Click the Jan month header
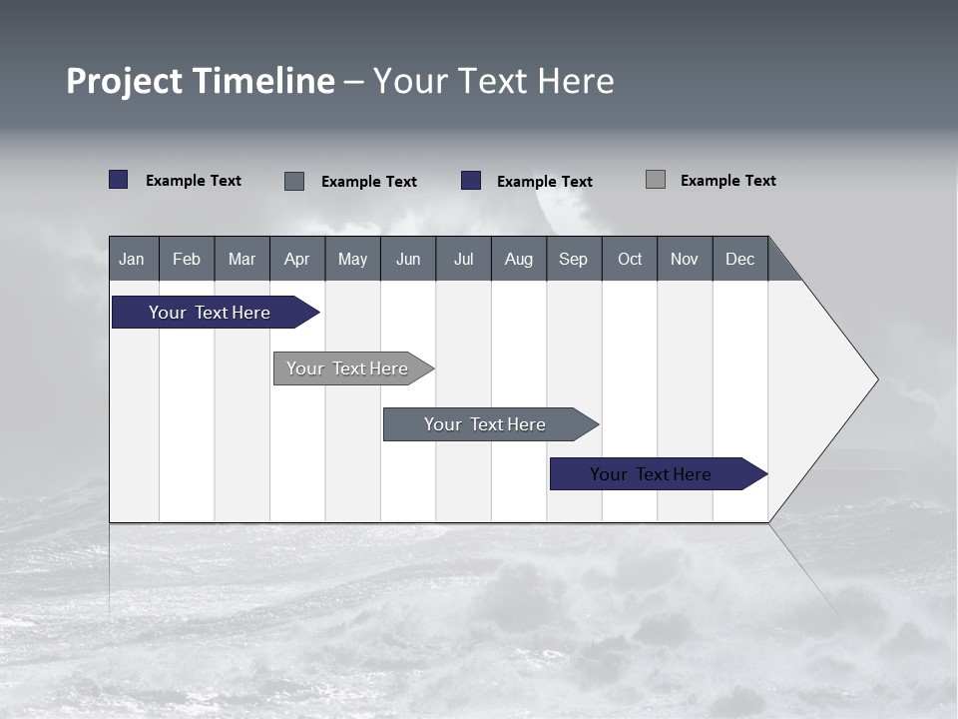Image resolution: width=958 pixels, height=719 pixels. coord(133,259)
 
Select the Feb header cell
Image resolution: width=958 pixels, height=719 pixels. coord(187,259)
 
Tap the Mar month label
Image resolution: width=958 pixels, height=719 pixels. coord(241,259)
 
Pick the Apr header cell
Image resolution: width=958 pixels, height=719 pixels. coord(297,259)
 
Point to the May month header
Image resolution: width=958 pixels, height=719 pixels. coord(352,259)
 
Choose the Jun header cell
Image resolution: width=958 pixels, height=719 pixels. coord(408,259)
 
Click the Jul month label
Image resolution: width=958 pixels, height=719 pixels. coord(463,259)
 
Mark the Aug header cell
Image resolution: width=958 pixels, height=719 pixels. coord(519,259)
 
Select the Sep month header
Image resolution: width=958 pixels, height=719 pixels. coord(574,259)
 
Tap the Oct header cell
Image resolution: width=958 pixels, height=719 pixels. coord(630,259)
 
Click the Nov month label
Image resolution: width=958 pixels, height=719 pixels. coord(685,259)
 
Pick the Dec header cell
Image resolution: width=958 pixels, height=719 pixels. coord(740,259)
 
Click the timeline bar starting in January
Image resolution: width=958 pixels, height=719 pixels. coord(210,313)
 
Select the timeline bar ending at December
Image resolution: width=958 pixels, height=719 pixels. coord(651,474)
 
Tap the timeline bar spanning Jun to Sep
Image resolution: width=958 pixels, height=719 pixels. coord(485,424)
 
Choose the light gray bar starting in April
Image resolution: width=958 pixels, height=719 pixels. coord(347,368)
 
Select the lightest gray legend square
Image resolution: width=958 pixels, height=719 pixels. coord(656,180)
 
